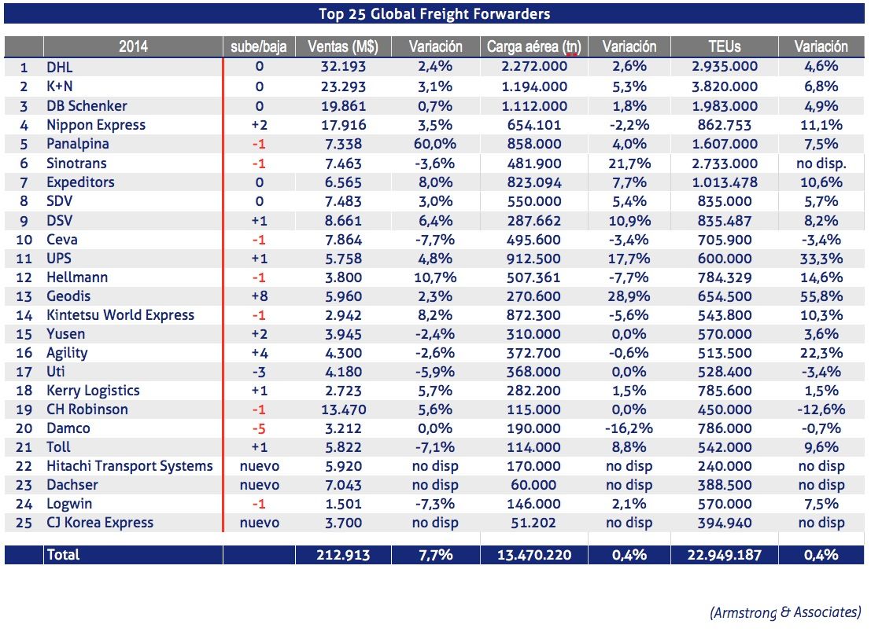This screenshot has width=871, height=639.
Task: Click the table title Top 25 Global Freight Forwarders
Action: [x=435, y=13]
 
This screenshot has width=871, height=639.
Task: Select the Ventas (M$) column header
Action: [x=342, y=46]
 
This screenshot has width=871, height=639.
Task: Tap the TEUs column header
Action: [x=724, y=46]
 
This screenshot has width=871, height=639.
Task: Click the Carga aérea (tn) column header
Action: [x=534, y=46]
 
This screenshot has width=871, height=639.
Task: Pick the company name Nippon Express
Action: [x=96, y=125]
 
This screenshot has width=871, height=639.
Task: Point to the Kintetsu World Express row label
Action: [x=120, y=315]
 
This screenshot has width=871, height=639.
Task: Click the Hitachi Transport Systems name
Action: [x=130, y=466]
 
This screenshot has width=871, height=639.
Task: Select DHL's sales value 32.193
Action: [x=342, y=68]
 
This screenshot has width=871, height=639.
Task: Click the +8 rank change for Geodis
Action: [x=260, y=296]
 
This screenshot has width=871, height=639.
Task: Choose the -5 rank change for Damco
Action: [x=260, y=428]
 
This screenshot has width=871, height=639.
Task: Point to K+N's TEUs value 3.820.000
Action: [x=724, y=87]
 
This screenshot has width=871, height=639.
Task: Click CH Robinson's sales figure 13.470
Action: [x=342, y=409]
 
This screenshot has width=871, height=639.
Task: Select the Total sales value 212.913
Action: [x=342, y=555]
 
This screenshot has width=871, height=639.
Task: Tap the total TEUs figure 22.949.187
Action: [x=724, y=555]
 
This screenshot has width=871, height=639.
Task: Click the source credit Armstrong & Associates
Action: [x=785, y=612]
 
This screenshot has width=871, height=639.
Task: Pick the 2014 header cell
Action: [x=134, y=46]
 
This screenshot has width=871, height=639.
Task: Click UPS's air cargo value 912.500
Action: [x=534, y=259]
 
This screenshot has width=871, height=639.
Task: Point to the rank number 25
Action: [x=24, y=523]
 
